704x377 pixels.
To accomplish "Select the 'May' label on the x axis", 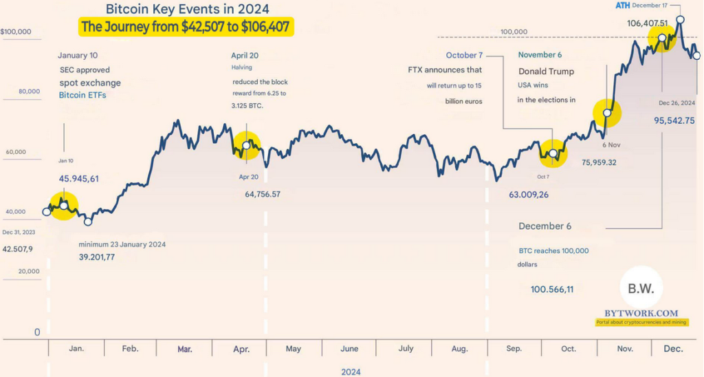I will point(294,349).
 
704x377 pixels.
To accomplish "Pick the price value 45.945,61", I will point(78,179).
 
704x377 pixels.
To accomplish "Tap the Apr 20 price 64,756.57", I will point(263,195).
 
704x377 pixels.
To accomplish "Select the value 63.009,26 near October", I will point(529,195).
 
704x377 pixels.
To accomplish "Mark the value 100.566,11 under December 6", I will point(552,290).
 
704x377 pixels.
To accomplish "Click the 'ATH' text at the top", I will point(622,6).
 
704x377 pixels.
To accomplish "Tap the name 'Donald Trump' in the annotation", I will point(546,72).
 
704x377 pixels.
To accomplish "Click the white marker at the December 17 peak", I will point(680,20).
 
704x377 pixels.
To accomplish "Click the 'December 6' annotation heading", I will point(546,226).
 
